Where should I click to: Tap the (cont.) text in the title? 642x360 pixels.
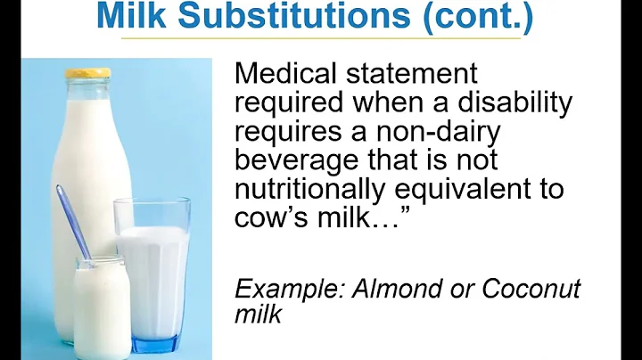[x=472, y=15]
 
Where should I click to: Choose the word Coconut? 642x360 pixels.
[x=531, y=290]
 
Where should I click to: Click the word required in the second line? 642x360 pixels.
[x=284, y=104]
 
